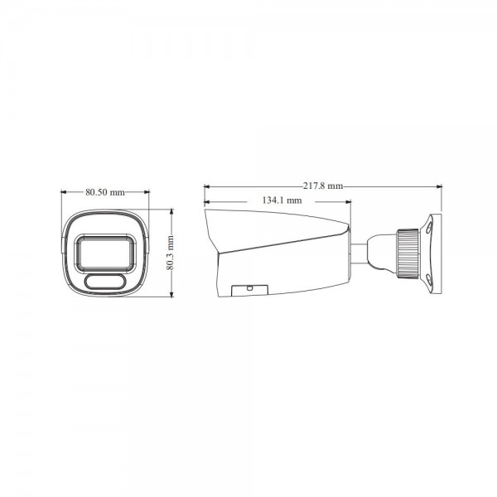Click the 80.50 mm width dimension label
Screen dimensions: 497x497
(104, 192)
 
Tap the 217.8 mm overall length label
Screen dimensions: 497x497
(323, 186)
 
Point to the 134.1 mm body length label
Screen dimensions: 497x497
(282, 201)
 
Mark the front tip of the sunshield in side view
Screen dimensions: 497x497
(207, 212)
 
